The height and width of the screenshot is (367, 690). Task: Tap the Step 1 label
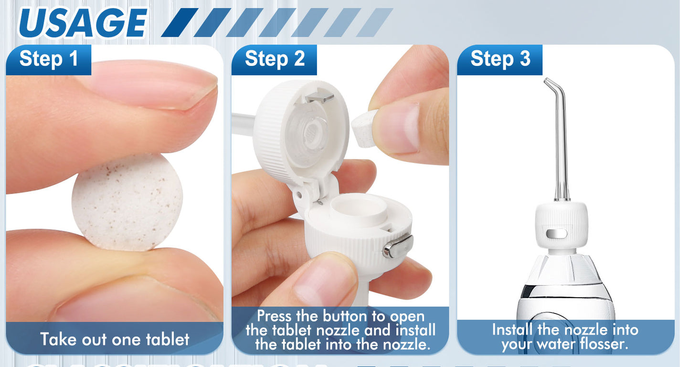click(x=48, y=59)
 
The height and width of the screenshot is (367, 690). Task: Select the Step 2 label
click(x=274, y=59)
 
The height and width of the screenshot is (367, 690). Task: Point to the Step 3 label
click(x=500, y=59)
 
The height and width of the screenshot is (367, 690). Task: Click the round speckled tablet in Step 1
click(x=127, y=202)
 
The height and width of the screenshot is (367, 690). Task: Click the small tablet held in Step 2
click(x=364, y=128)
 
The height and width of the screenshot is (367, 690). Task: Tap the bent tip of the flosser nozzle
click(x=552, y=86)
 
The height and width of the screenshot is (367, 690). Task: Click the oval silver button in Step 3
click(x=557, y=233)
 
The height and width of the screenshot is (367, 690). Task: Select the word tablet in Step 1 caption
click(x=168, y=339)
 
